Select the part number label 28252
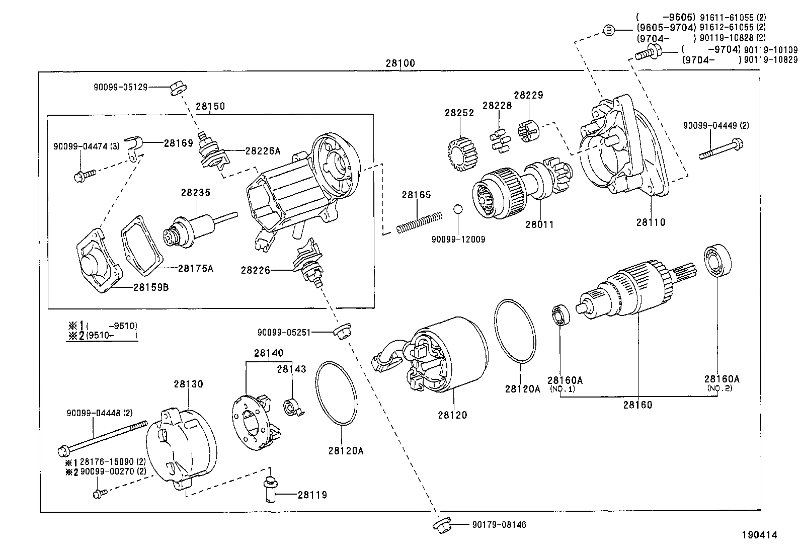click(x=459, y=113)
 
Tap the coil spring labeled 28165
click(x=419, y=222)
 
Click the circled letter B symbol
click(x=609, y=31)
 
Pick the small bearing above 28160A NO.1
click(x=560, y=315)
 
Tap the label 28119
click(x=312, y=495)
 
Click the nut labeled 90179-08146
click(x=441, y=525)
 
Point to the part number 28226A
click(x=263, y=150)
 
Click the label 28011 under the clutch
click(x=539, y=224)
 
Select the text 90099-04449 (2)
click(x=715, y=125)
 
